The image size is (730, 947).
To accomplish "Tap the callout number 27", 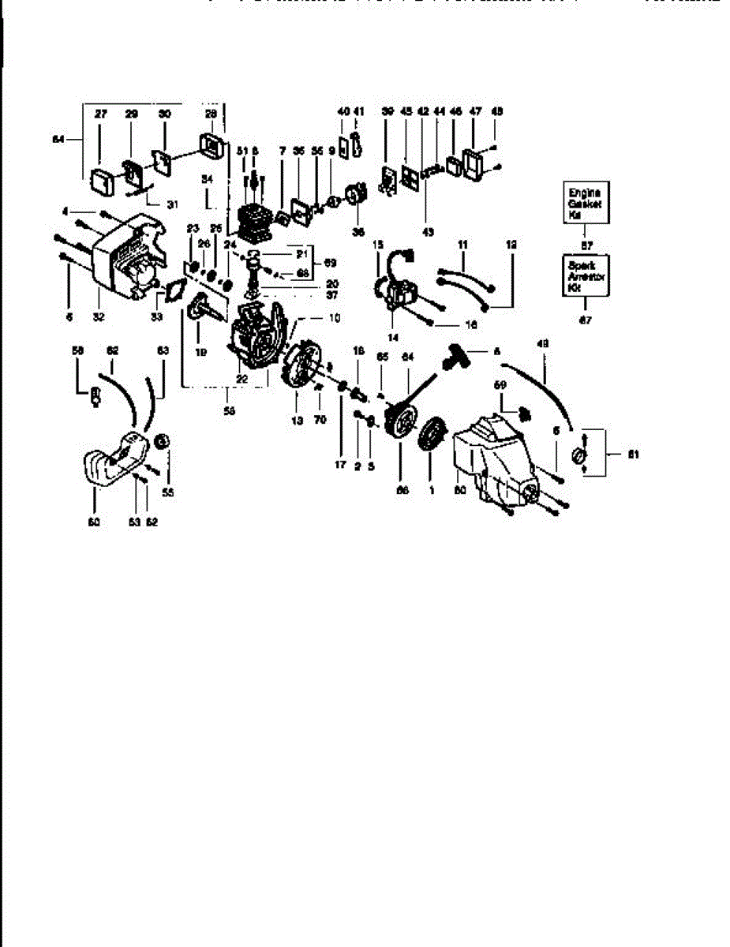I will click(x=100, y=114).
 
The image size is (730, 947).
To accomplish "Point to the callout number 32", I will click(x=99, y=317).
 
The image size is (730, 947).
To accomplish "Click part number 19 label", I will click(x=200, y=354).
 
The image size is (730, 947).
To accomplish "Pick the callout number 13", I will click(x=297, y=421).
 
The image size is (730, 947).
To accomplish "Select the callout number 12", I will click(x=511, y=245).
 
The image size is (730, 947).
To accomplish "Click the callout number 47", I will click(x=475, y=112).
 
